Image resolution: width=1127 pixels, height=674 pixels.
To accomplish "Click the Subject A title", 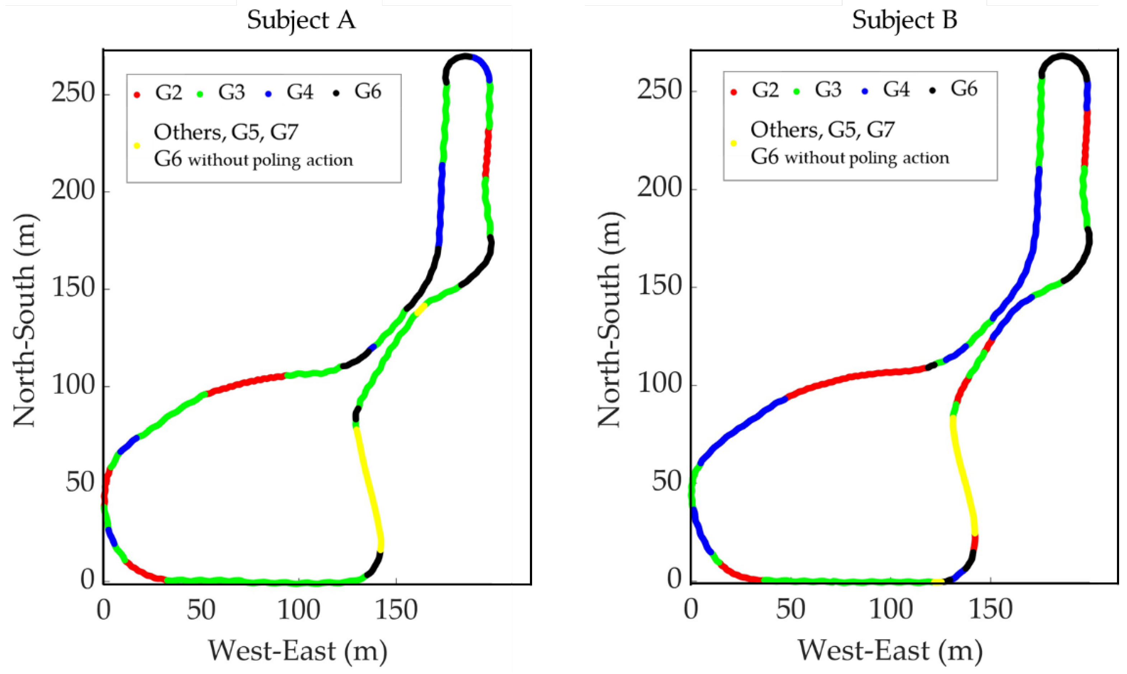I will tap(301, 20).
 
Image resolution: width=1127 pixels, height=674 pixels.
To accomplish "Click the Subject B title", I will tap(904, 20).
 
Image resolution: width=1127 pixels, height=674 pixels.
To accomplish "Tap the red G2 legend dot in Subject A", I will tap(137, 94).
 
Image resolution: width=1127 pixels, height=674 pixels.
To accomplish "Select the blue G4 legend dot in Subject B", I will tap(865, 91).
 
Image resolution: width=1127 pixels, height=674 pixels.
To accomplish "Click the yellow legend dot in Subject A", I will tap(137, 146).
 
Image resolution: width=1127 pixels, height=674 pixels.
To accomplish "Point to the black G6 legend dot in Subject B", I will tap(933, 91).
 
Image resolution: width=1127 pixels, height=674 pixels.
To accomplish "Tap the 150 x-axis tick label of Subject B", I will tap(990, 609).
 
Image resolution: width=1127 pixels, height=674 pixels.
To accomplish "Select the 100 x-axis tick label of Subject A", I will tap(298, 609).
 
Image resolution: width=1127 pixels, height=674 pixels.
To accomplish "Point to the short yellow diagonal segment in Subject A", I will tap(421, 309).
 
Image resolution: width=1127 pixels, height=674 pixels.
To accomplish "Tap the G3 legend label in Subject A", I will tap(232, 92).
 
